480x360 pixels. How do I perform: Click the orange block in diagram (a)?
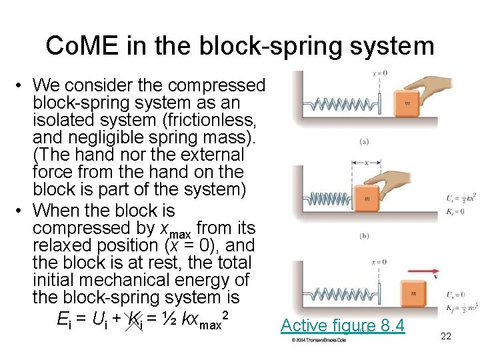click(x=407, y=102)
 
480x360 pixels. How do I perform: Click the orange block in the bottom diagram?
click(x=413, y=293)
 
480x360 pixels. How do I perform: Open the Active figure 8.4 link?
click(x=342, y=325)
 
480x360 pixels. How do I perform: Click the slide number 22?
click(x=446, y=337)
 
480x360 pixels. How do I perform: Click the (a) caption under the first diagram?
click(x=365, y=141)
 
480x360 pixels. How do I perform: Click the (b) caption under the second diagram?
click(x=365, y=235)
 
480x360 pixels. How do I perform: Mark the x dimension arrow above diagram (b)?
click(x=365, y=162)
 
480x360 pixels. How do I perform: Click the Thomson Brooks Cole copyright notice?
click(x=319, y=340)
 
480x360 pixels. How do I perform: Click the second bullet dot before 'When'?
click(x=21, y=211)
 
